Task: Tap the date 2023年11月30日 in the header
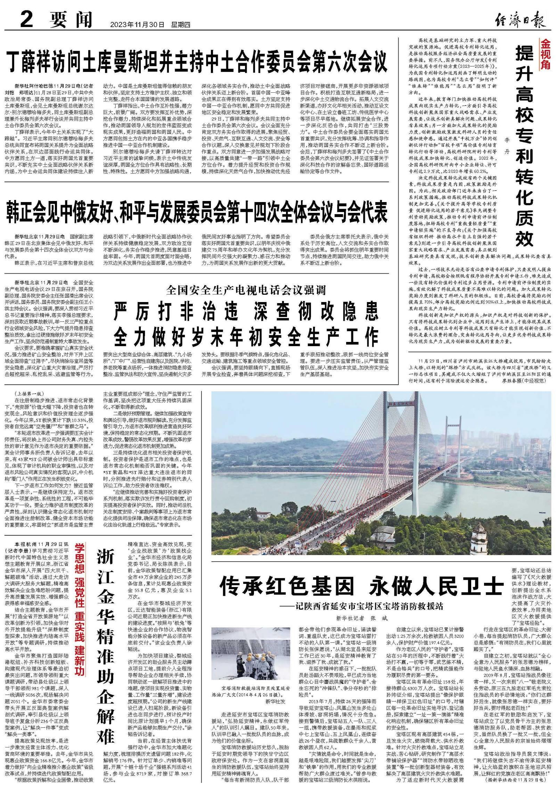137,25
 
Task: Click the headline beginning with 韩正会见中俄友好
197,211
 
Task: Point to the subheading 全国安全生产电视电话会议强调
246,289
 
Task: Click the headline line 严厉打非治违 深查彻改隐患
246,310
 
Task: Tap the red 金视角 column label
545,54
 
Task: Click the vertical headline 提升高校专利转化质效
525,146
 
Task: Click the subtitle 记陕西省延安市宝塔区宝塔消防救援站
364,606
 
